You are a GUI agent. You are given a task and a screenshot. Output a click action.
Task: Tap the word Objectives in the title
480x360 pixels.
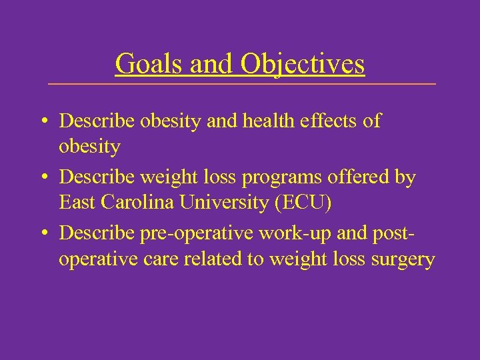pos(303,64)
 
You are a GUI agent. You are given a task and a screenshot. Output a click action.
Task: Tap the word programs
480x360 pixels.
pos(277,178)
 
